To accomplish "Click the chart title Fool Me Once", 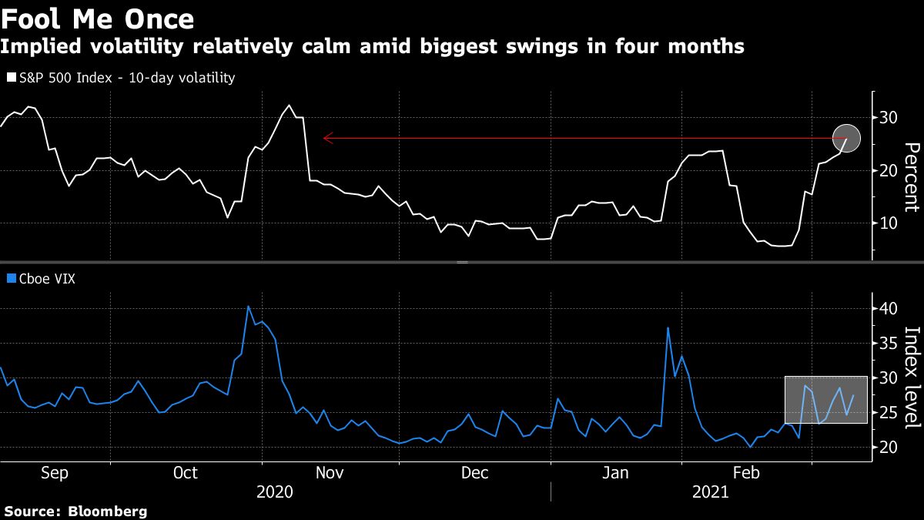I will coord(97,18).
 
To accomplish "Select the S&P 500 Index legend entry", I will coord(120,78).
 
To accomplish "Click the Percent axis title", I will coord(911,177).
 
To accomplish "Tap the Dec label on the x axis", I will coord(475,473).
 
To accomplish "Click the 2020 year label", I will coord(274,491).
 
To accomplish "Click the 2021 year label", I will coord(710,491).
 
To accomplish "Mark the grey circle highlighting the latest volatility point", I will coord(847,138).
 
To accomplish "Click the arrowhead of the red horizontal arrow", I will coord(326,139).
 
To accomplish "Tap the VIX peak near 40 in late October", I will coord(248,307).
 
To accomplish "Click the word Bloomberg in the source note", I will coord(108,511).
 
